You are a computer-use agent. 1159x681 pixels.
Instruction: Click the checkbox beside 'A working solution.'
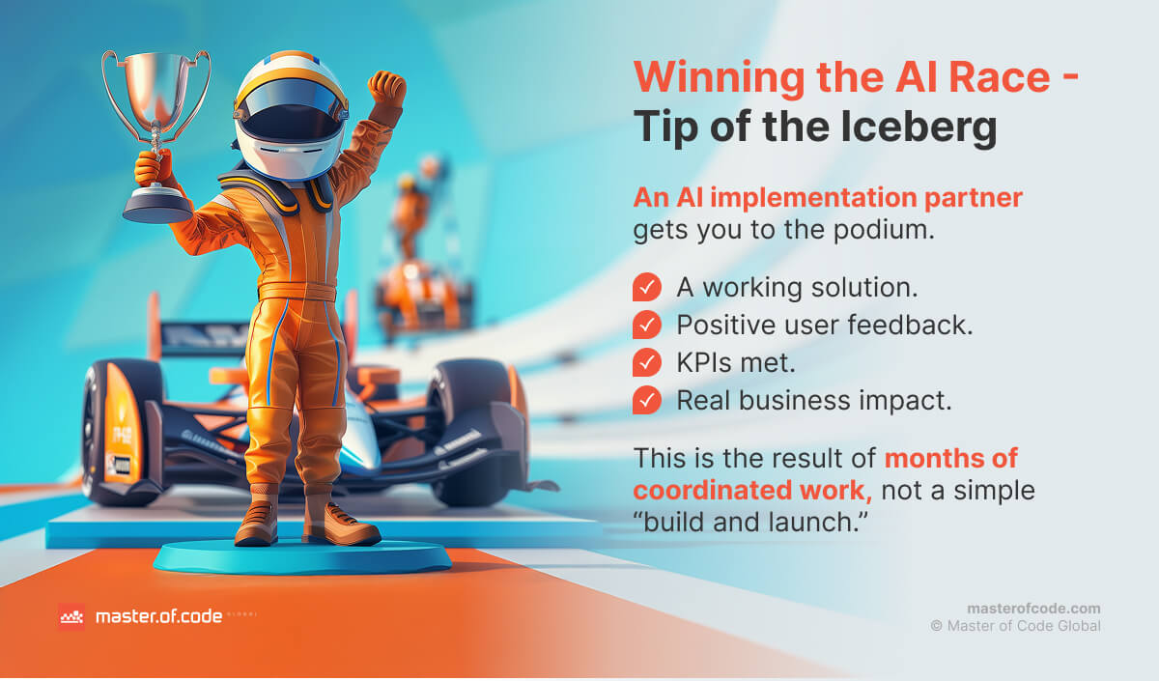coord(646,287)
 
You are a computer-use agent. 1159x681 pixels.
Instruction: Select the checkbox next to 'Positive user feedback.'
coord(646,325)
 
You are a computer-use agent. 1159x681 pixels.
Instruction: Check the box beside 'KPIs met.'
coord(646,362)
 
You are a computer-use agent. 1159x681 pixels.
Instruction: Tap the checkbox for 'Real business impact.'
coord(646,399)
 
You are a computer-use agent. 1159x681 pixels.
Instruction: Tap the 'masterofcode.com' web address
coord(1033,609)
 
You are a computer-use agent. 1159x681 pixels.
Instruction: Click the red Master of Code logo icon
coord(71,616)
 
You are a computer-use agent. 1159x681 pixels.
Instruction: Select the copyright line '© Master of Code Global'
coord(1015,626)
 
